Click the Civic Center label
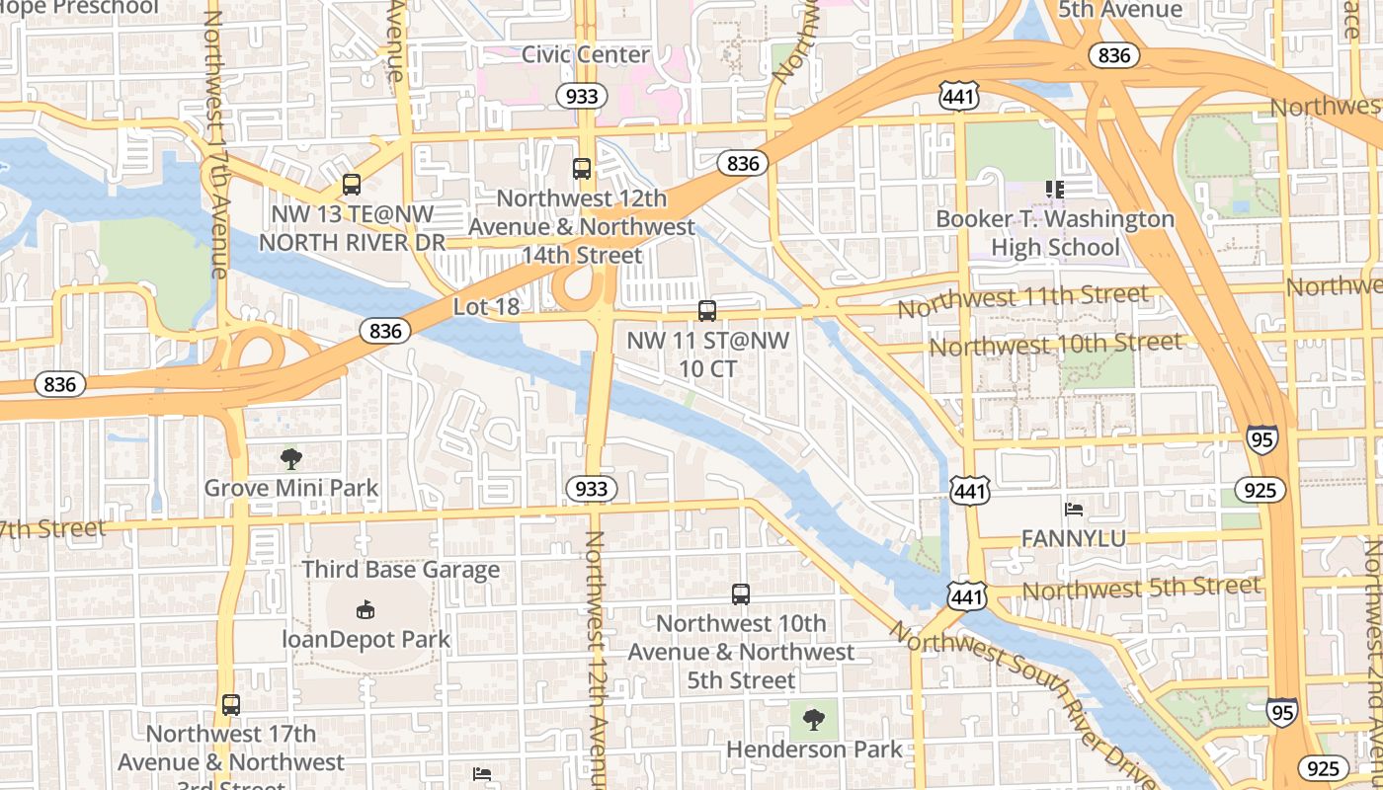[586, 54]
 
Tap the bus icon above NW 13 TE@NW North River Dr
[351, 184]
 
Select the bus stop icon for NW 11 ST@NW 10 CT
[707, 311]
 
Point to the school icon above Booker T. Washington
[1055, 189]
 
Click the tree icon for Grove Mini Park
[290, 458]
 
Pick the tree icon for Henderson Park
[814, 720]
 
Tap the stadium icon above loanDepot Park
[366, 609]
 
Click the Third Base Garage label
[401, 570]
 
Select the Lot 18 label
[486, 307]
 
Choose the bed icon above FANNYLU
[1074, 510]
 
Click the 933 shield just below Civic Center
[581, 96]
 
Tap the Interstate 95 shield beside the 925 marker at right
[1261, 438]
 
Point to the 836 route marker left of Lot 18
[384, 331]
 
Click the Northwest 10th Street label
[1054, 345]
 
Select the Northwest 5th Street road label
[1141, 588]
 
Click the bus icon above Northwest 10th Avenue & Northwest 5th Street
[741, 594]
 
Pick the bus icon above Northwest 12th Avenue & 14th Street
[582, 169]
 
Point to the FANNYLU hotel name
[1073, 539]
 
